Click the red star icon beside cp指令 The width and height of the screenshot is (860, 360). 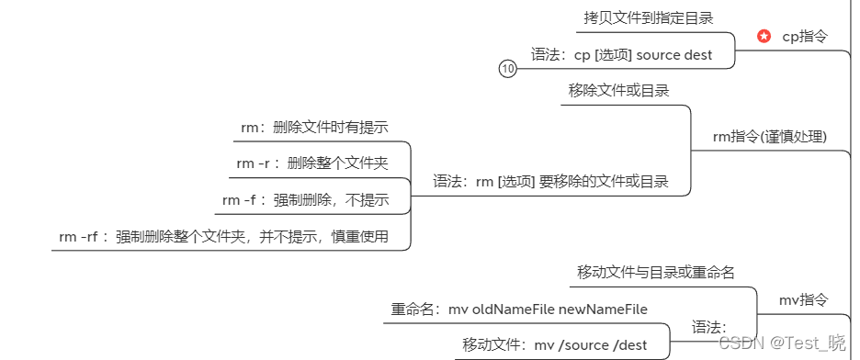pyautogui.click(x=764, y=37)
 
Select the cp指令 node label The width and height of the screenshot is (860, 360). pyautogui.click(x=804, y=37)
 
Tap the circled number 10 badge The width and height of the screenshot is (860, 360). pyautogui.click(x=508, y=68)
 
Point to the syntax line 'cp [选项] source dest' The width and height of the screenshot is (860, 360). pyautogui.click(x=633, y=54)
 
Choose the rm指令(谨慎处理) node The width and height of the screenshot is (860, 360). pyautogui.click(x=770, y=137)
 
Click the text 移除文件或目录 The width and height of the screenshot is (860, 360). pyautogui.click(x=618, y=90)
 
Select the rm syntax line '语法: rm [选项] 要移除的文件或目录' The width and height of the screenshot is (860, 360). pyautogui.click(x=550, y=181)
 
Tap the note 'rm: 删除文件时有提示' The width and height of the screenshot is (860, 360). pyautogui.click(x=321, y=127)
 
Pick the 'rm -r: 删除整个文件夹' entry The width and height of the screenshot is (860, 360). pyautogui.click(x=311, y=163)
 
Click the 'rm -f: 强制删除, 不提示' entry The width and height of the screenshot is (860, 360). pyautogui.click(x=305, y=200)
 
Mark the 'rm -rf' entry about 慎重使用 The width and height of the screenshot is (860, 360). pyautogui.click(x=223, y=237)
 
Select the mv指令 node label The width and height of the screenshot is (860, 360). pyautogui.click(x=803, y=299)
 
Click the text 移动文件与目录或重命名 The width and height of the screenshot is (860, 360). pyautogui.click(x=655, y=272)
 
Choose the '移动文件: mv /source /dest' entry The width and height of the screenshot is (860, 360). pyautogui.click(x=554, y=345)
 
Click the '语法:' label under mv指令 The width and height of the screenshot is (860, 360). pyautogui.click(x=708, y=327)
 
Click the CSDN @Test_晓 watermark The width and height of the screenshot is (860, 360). pyautogui.click(x=781, y=343)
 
